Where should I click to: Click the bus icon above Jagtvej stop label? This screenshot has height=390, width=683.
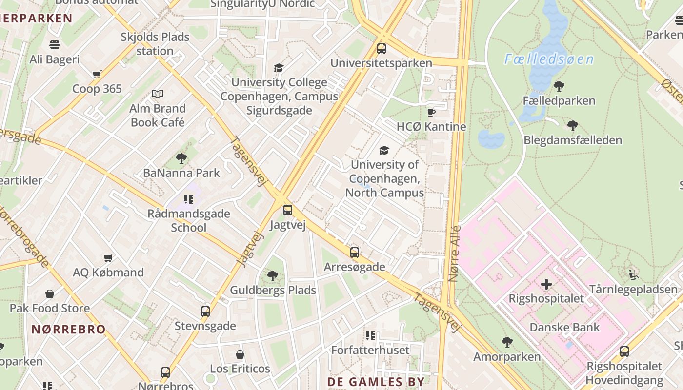(x=288, y=210)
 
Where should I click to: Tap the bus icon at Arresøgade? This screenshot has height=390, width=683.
(x=355, y=253)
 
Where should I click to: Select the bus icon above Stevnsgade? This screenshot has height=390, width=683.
(x=205, y=312)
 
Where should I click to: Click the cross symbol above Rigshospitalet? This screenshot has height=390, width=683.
(x=546, y=284)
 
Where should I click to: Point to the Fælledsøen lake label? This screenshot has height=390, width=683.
(x=549, y=60)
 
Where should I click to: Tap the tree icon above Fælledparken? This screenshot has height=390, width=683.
(x=559, y=87)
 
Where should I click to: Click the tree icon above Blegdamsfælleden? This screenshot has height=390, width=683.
(x=573, y=126)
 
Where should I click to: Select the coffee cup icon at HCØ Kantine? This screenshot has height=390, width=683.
(x=431, y=113)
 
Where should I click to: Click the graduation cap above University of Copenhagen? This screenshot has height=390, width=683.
(x=384, y=150)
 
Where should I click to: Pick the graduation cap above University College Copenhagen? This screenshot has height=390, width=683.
(x=279, y=68)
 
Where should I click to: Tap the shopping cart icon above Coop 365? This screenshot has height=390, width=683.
(x=97, y=75)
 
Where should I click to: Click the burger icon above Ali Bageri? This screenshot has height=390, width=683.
(x=55, y=45)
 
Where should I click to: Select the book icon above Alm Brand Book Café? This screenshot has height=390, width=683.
(x=158, y=94)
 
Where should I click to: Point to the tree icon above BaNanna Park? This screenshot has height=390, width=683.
(x=181, y=158)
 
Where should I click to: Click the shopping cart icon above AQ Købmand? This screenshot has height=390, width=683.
(x=108, y=258)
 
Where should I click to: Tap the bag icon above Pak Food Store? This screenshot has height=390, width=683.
(x=50, y=294)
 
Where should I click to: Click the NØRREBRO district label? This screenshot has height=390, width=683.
(x=68, y=329)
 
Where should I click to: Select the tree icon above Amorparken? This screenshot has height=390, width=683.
(x=507, y=342)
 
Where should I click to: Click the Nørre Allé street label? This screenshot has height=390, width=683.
(x=454, y=253)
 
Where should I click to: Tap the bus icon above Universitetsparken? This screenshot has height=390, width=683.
(x=382, y=49)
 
